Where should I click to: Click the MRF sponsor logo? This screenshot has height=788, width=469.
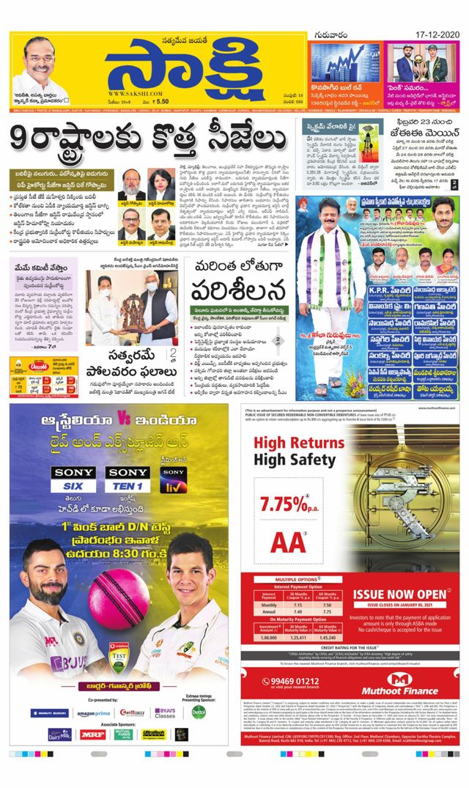92,734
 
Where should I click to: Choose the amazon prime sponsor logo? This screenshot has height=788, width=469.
93,713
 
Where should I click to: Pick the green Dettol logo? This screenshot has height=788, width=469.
199,711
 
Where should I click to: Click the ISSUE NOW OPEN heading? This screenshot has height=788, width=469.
400,593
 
